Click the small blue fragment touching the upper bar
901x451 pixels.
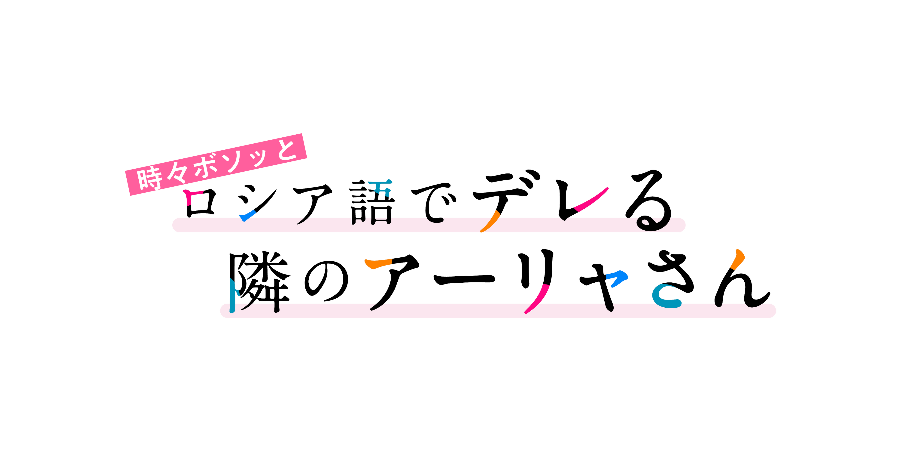click(x=249, y=215)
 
